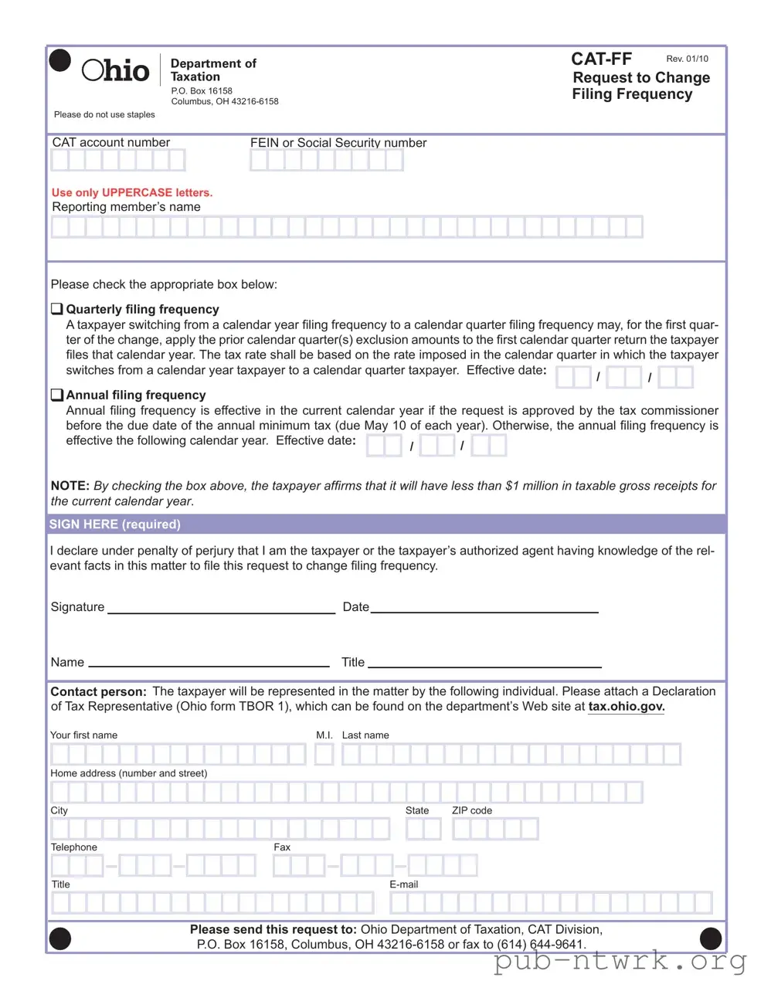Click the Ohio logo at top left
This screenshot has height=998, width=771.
(x=115, y=70)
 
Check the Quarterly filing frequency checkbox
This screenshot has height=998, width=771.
(x=57, y=309)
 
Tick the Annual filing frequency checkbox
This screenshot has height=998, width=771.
(x=57, y=395)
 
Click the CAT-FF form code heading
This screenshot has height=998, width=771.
(x=601, y=59)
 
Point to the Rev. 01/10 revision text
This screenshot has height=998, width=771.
(x=687, y=59)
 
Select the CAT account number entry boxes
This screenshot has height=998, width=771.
(x=118, y=160)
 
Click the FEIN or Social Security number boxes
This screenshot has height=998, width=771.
(x=326, y=160)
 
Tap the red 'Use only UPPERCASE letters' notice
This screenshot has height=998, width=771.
(x=132, y=192)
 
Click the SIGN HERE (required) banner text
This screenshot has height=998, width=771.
(x=115, y=524)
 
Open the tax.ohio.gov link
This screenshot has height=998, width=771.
(x=626, y=706)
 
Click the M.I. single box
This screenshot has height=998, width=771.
(x=324, y=754)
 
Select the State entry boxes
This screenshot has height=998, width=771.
(x=423, y=829)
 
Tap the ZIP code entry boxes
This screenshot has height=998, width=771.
(x=495, y=829)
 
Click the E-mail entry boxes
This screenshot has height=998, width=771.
(x=552, y=902)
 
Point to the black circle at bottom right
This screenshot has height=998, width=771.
(x=710, y=939)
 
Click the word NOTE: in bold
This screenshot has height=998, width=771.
(x=70, y=486)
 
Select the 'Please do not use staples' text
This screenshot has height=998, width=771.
(x=104, y=114)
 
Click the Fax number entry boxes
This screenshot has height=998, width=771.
(x=375, y=865)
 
